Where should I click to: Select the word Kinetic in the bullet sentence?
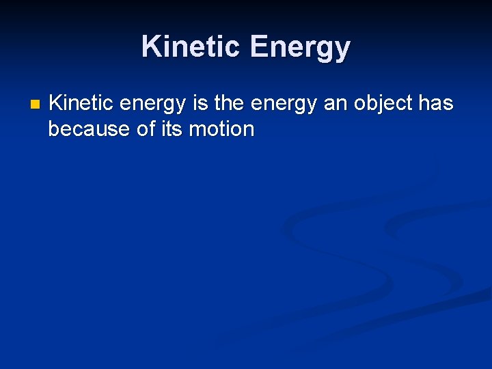[83, 103]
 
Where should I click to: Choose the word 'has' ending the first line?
[436, 103]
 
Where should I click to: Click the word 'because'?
[89, 128]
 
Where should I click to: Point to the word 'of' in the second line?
[146, 128]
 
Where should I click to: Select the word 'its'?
[172, 128]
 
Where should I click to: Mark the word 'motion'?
[221, 128]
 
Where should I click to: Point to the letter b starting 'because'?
[54, 128]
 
